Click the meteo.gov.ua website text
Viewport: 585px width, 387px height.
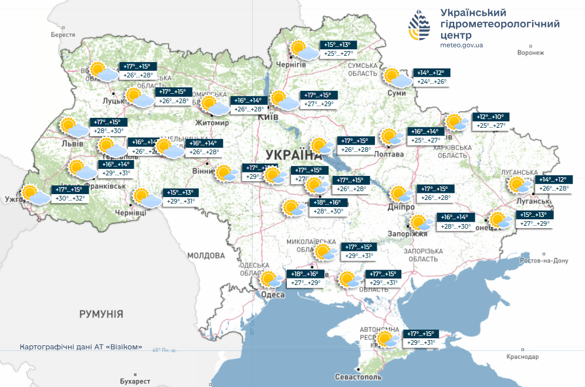[461, 45]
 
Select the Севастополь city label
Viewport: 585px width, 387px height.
[358, 376]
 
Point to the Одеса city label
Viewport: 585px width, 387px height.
[273, 295]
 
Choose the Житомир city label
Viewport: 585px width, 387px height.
[212, 123]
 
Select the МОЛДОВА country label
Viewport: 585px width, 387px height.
[206, 256]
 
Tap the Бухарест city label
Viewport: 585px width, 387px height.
[136, 381]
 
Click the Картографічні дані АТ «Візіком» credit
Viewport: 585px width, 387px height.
[80, 347]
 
